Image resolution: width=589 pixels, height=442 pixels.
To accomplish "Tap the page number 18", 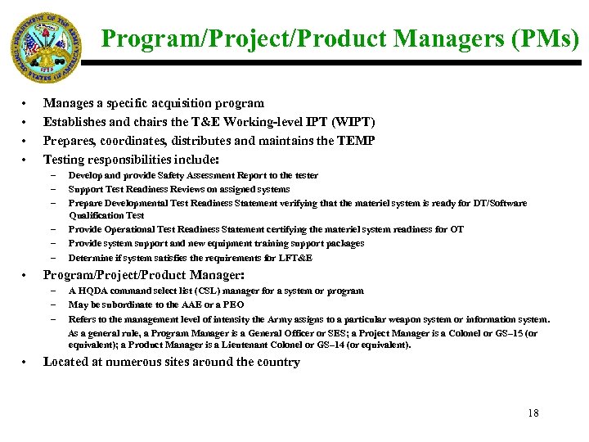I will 533,413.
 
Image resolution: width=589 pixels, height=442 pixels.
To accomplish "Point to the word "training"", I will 282,243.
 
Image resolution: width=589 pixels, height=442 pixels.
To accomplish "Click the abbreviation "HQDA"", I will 92,291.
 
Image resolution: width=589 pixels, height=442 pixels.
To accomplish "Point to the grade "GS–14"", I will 330,345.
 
